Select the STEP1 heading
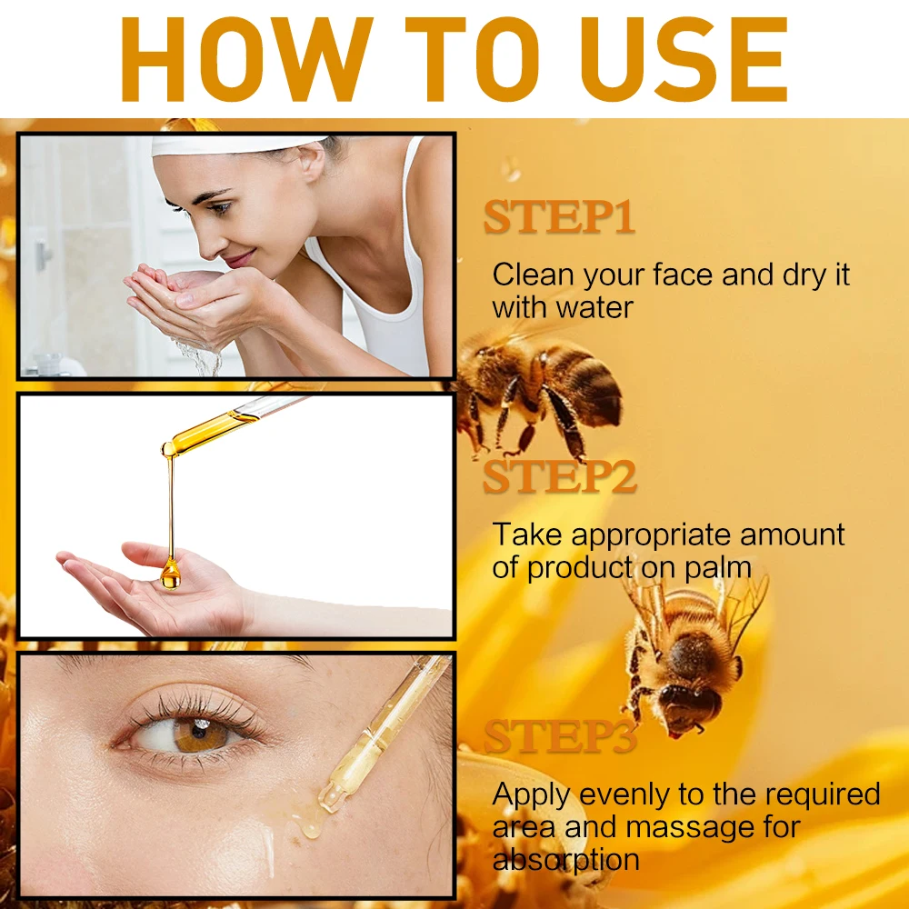(558, 218)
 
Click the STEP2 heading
(558, 478)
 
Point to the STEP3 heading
(558, 736)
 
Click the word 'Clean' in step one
(534, 275)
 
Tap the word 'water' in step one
(595, 307)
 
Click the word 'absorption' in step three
(565, 859)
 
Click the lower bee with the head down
(686, 654)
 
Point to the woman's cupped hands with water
(182, 300)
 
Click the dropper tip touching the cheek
(329, 800)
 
